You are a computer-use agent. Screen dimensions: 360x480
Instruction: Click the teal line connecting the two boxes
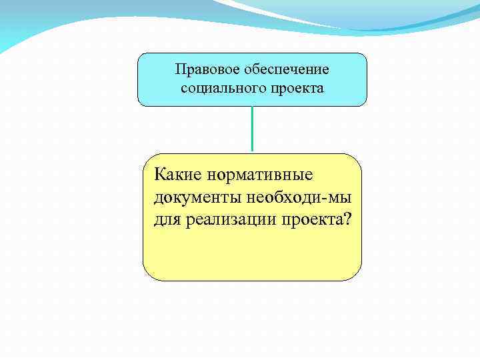[252, 130]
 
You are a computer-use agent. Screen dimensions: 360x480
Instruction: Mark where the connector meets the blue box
[252, 107]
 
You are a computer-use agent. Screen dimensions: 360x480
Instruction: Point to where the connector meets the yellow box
[252, 153]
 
